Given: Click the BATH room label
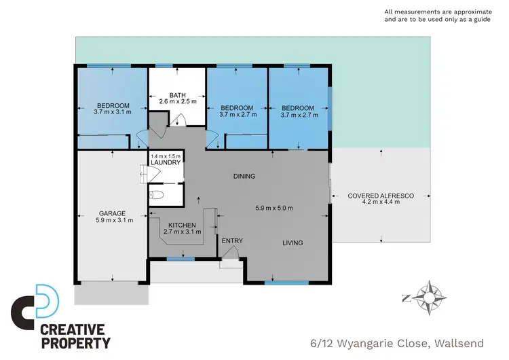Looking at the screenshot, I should pyautogui.click(x=178, y=94).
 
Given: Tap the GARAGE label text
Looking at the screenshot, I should pyautogui.click(x=112, y=213).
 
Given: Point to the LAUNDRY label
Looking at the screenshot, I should pyautogui.click(x=166, y=163).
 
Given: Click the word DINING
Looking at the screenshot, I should pyautogui.click(x=244, y=177).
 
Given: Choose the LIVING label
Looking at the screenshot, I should pyautogui.click(x=293, y=242).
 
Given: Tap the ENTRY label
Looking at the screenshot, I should pyautogui.click(x=232, y=240).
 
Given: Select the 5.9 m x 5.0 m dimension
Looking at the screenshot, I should pyautogui.click(x=274, y=207).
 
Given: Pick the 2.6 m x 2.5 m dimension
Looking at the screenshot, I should pyautogui.click(x=178, y=102).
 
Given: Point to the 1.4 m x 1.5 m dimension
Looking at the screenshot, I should pyautogui.click(x=166, y=156).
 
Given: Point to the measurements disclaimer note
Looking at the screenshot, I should pyautogui.click(x=442, y=16).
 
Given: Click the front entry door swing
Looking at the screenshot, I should pyautogui.click(x=231, y=253).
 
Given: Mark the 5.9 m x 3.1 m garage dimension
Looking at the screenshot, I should pyautogui.click(x=114, y=219).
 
